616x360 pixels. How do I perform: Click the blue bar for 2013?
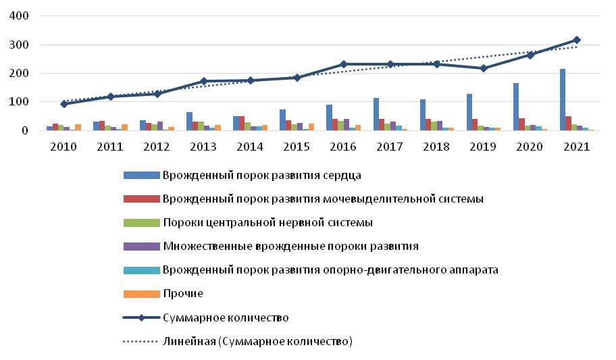[x=189, y=121]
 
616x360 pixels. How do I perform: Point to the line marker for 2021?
[x=577, y=40]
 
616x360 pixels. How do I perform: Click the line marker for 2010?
[x=64, y=104]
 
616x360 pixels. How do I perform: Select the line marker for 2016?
[x=344, y=64]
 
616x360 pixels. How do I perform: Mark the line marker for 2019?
[x=484, y=68]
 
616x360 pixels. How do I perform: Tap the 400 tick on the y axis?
[x=18, y=16]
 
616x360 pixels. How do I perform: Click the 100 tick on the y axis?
[x=18, y=102]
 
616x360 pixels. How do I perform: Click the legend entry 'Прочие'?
[x=182, y=294]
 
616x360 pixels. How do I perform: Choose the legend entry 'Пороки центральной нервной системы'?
[x=267, y=223]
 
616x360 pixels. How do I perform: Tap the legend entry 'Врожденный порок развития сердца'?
[x=261, y=176]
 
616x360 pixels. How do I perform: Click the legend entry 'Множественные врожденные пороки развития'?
[x=290, y=247]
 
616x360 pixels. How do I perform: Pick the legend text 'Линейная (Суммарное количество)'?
[x=257, y=342]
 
